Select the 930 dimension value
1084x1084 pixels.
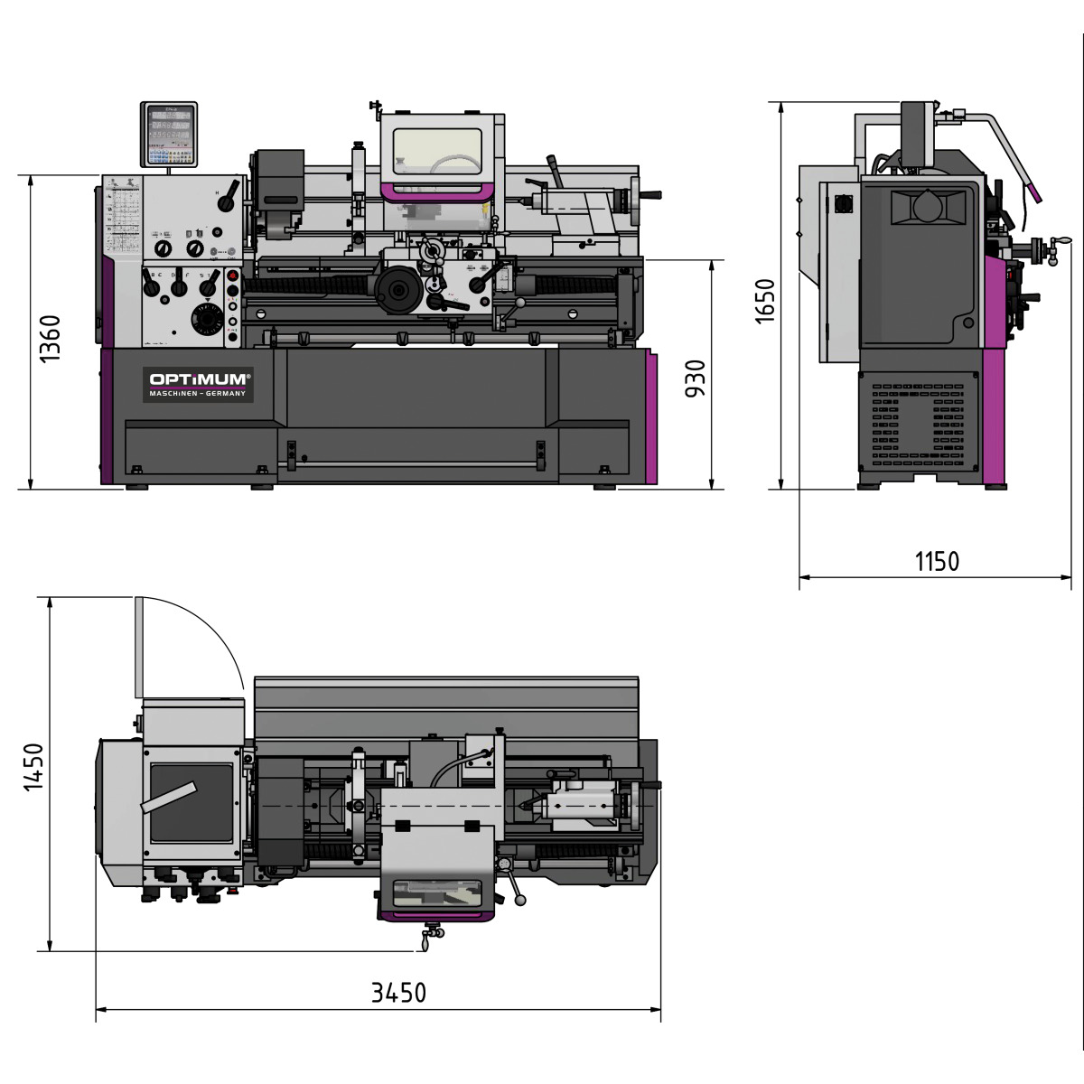pyautogui.click(x=695, y=378)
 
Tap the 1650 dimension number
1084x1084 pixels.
pyautogui.click(x=764, y=301)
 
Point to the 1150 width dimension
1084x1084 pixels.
pyautogui.click(x=937, y=561)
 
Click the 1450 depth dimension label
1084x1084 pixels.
pyautogui.click(x=33, y=767)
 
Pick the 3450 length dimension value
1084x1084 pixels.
pyautogui.click(x=398, y=993)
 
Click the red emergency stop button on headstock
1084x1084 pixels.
pyautogui.click(x=232, y=276)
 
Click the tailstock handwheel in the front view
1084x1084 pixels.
pyautogui.click(x=646, y=196)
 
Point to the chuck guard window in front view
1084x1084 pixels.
pyautogui.click(x=437, y=153)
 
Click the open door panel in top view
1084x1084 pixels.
pyautogui.click(x=139, y=648)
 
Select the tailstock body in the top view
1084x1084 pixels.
pyautogui.click(x=583, y=804)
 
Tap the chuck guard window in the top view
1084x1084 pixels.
pyautogui.click(x=438, y=893)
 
